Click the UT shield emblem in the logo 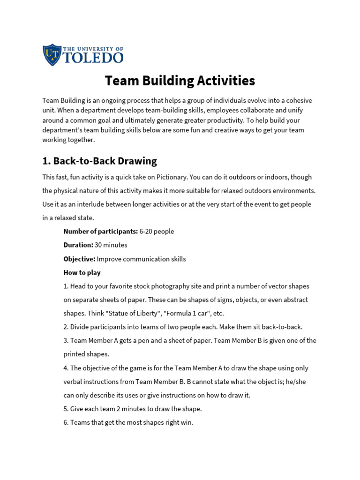[x=52, y=54]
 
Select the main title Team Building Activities [x=180, y=81]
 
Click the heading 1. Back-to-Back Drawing [x=99, y=161]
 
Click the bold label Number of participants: [x=100, y=232]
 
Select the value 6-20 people [x=157, y=232]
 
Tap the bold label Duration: [x=78, y=245]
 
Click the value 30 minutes [x=111, y=245]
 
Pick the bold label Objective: [x=79, y=259]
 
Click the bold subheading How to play [x=82, y=272]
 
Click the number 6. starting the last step [x=66, y=422]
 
